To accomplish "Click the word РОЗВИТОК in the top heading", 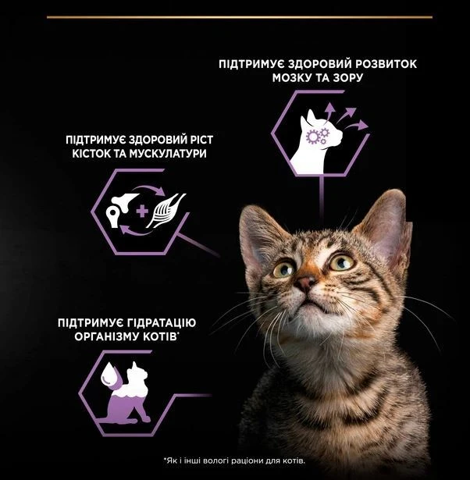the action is (x=386, y=64).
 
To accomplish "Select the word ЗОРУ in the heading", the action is (x=347, y=78).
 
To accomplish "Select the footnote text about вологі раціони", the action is (x=234, y=460).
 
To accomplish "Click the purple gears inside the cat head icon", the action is (x=317, y=137).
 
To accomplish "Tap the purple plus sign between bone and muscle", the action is (x=142, y=212).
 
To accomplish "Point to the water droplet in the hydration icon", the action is (x=111, y=375).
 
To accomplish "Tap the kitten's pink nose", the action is (x=304, y=283).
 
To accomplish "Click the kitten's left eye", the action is (x=341, y=261).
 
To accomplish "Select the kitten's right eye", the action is (x=284, y=270).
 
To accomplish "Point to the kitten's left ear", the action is (x=386, y=226).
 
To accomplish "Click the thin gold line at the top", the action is (x=240, y=17).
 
